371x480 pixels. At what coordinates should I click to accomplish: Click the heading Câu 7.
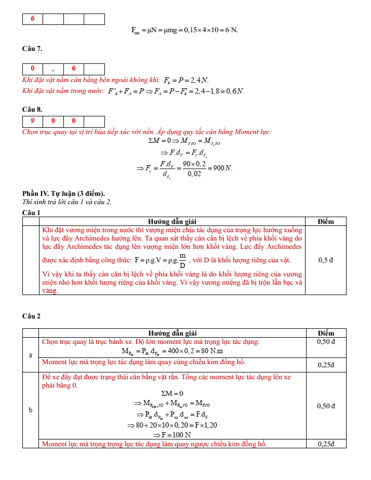[x=32, y=48]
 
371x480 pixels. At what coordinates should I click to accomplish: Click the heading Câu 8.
[x=32, y=110]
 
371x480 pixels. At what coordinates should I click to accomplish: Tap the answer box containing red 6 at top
[x=33, y=19]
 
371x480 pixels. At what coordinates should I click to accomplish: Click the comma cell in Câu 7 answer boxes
[x=53, y=69]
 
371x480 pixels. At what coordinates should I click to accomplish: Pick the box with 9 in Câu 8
[x=33, y=121]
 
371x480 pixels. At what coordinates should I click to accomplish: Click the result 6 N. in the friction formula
[x=230, y=30]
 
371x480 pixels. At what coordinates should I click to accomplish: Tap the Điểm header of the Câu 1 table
[x=325, y=221]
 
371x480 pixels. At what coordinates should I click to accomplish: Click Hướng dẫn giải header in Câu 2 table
[x=172, y=333]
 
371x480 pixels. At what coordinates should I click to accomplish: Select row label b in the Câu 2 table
[x=31, y=410]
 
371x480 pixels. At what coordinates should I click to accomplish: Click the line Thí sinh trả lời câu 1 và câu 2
[x=67, y=202]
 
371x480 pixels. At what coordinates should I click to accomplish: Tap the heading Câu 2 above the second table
[x=31, y=316]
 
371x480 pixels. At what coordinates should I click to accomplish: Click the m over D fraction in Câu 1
[x=182, y=260]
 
